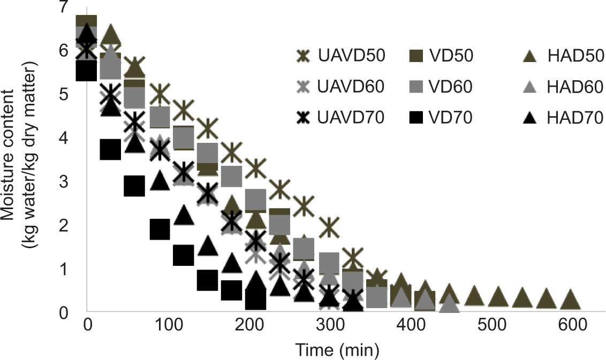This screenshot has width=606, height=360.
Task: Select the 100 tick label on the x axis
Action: point(168,325)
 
